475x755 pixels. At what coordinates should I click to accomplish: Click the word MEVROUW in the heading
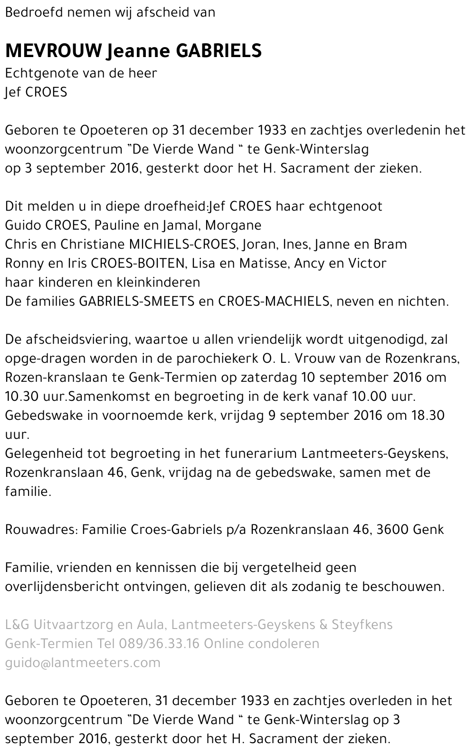coord(53,50)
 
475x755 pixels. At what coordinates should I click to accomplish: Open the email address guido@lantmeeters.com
coord(83,663)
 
